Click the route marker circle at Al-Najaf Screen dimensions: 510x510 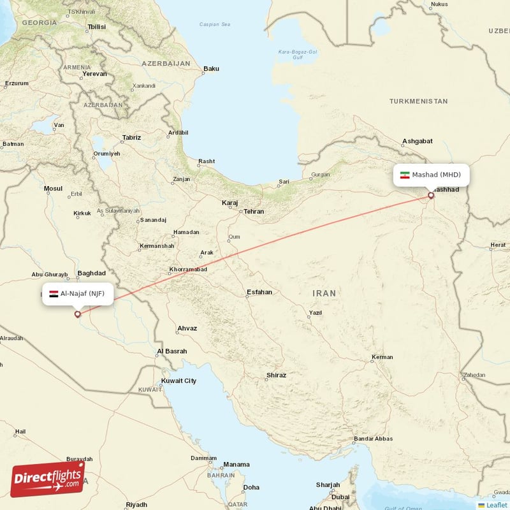[x=78, y=314]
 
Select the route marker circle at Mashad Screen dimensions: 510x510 [x=431, y=195]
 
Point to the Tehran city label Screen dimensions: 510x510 [x=253, y=211]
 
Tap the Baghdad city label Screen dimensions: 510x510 [x=91, y=273]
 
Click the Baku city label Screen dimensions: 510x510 [x=211, y=69]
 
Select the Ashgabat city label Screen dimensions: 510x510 [x=418, y=141]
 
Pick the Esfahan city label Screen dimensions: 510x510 [x=259, y=292]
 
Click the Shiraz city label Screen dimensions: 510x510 [x=276, y=375]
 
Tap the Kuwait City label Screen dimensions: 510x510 [x=178, y=381]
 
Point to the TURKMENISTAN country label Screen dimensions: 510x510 [x=418, y=101]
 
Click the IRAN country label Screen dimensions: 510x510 [x=324, y=293]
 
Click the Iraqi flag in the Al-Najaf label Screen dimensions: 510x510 [x=54, y=294]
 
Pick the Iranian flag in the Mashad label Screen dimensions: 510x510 [x=404, y=175]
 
